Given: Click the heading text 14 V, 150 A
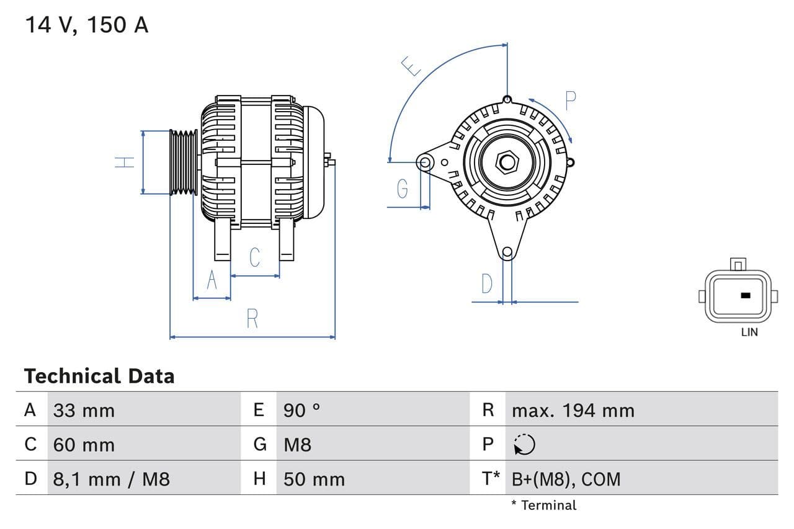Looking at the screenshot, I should [x=86, y=25].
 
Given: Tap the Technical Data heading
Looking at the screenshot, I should [x=99, y=376].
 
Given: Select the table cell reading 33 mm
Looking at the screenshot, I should [x=84, y=411].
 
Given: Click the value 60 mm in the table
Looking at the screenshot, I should [x=84, y=445].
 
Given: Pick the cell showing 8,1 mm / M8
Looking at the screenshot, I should [x=111, y=479].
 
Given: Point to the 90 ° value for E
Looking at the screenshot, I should [x=301, y=411].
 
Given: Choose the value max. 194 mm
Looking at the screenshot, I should [x=573, y=411].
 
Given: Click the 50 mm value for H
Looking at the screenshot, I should [x=314, y=479].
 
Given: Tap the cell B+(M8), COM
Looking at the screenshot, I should [x=566, y=479].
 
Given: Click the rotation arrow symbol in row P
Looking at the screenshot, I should [x=524, y=445].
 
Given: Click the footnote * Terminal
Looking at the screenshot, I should [x=543, y=505].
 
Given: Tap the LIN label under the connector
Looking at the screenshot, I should [x=749, y=332].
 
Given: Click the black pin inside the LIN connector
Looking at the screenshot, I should [x=746, y=295].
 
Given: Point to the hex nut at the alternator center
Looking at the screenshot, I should [x=507, y=162].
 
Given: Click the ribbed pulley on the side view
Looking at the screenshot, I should [x=184, y=162].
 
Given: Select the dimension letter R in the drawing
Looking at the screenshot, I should [x=252, y=319].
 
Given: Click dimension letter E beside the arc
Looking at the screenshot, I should [x=411, y=66].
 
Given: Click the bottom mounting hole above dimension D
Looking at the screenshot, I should [x=507, y=252].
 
